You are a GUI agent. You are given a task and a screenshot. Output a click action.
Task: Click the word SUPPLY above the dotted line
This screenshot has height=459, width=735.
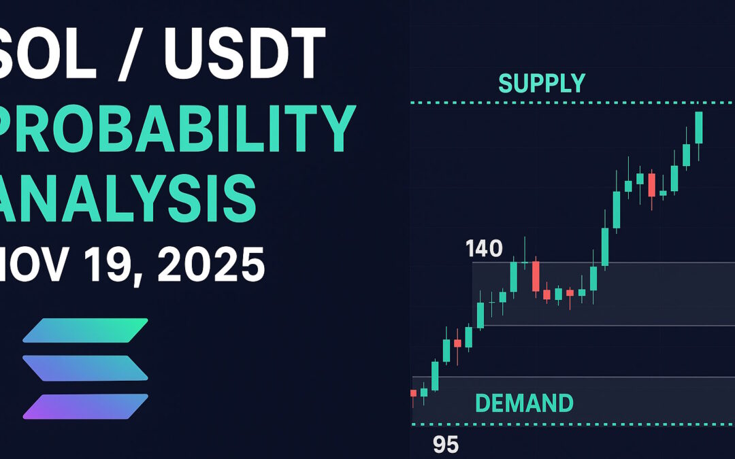click(x=541, y=83)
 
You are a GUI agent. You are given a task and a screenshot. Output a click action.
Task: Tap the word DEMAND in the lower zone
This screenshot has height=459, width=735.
click(x=523, y=403)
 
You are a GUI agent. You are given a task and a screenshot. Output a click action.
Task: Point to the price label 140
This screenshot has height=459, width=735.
click(x=484, y=249)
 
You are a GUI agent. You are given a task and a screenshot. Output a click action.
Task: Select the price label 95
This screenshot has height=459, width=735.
click(x=446, y=445)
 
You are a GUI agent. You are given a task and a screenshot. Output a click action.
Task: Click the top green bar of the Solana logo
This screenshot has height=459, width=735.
click(x=85, y=330)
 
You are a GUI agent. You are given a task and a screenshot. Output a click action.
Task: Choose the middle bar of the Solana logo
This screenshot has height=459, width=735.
click(x=85, y=368)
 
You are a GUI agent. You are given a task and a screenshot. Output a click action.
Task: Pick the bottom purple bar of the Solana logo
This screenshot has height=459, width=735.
click(x=85, y=406)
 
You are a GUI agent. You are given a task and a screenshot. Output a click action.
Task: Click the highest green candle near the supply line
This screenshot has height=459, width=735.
click(x=698, y=127)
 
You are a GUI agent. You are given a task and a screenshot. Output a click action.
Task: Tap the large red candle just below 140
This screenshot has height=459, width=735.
click(x=536, y=276)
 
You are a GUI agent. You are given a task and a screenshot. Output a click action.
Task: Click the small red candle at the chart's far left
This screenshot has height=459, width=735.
click(x=413, y=393)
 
